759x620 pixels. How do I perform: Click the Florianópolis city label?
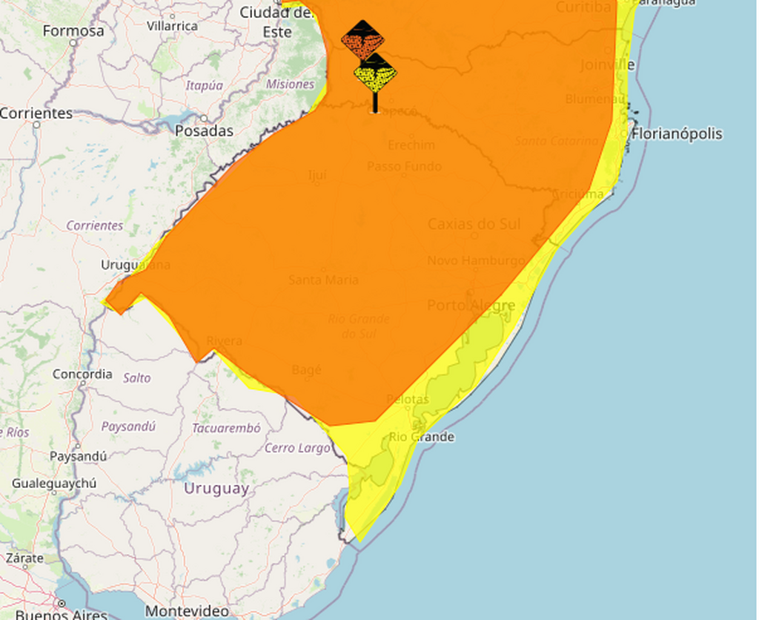pos(676,134)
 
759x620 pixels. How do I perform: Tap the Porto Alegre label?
pos(471,306)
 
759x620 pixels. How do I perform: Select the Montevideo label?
pos(187,611)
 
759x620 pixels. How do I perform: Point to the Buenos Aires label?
pos(62,614)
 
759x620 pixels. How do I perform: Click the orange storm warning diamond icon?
pos(362,40)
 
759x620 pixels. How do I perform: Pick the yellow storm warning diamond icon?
pos(375,73)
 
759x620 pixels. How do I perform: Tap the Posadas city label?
pos(204,131)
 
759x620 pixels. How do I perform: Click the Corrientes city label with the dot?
pos(36,113)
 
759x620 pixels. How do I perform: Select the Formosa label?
pos(73,31)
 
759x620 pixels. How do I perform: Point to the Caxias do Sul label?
pos(474,224)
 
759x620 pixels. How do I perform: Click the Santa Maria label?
pos(323,280)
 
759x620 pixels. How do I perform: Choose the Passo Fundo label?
pos(404,166)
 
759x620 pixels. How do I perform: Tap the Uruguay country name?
pos(216,489)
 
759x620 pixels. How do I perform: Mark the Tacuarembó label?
pos(226,428)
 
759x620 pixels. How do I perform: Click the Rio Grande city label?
pos(421,437)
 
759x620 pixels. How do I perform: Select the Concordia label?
pos(82,375)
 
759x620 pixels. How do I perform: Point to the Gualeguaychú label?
pos(54,484)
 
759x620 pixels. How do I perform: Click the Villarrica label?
pos(172,26)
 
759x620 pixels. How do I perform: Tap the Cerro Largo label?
pos(297,448)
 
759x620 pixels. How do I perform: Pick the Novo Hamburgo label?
pos(475,260)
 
